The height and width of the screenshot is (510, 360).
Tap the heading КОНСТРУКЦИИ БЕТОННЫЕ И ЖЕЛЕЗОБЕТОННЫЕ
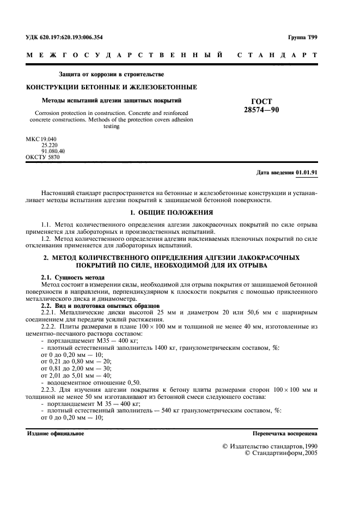click(112, 87)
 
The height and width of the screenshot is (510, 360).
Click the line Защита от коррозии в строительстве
click(111, 74)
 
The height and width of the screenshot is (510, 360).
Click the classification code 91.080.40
click(50, 151)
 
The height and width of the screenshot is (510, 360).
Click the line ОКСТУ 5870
click(42, 157)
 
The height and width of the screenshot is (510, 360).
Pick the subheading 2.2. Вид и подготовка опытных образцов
click(93, 304)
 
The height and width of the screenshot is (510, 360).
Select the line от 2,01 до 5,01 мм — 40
click(76, 375)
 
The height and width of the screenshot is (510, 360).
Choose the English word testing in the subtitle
click(111, 126)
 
